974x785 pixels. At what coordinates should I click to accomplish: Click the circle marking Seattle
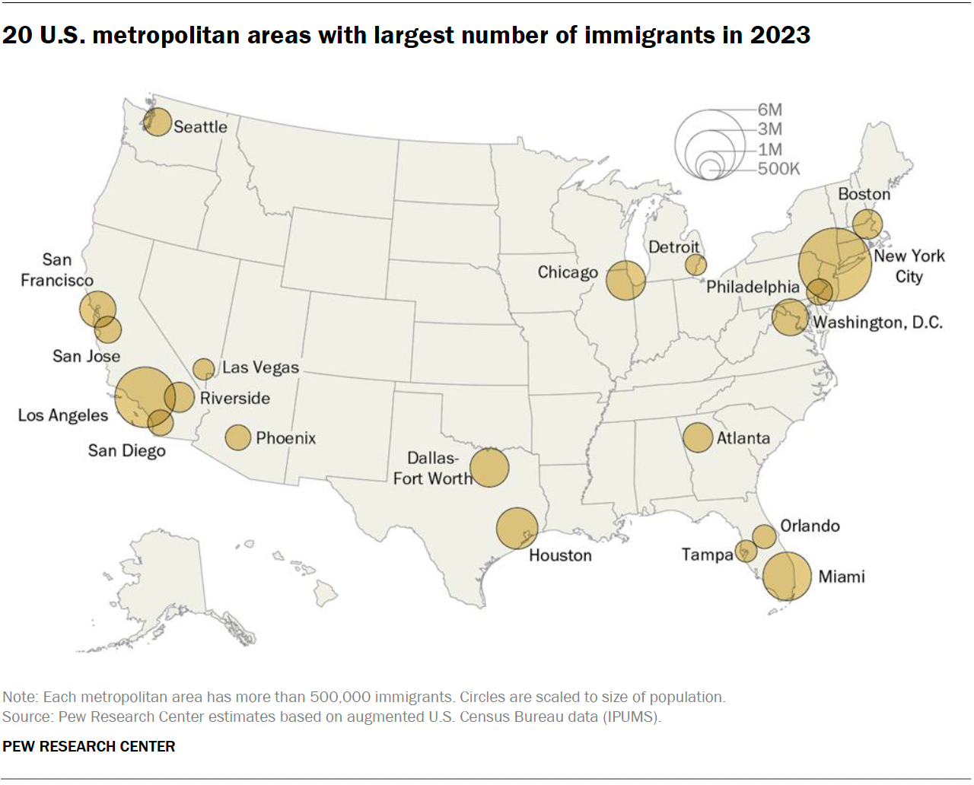pos(158,122)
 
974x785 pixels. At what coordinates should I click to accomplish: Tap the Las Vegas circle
pos(203,370)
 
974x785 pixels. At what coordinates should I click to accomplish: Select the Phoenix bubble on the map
pos(238,437)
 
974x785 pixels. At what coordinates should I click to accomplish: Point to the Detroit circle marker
pos(695,265)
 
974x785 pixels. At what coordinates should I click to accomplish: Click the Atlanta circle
pos(698,437)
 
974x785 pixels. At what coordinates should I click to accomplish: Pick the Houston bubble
pos(517,528)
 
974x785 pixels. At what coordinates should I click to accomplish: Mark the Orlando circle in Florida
pos(764,536)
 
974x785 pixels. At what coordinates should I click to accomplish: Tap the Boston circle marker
pos(867,224)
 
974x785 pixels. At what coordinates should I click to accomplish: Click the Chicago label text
pos(568,272)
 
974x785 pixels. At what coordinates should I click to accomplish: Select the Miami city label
pos(842,577)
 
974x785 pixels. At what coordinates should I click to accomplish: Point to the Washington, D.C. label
pos(877,323)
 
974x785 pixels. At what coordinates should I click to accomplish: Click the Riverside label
pos(235,399)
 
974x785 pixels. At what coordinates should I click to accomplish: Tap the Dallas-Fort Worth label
pos(433,469)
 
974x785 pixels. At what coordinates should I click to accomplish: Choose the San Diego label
pos(126,450)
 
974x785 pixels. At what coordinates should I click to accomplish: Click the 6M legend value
pos(769,110)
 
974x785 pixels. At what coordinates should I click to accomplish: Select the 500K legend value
pos(778,169)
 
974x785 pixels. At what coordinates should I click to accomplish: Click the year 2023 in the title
pos(780,35)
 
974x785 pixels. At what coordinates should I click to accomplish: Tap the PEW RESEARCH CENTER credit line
pos(89,746)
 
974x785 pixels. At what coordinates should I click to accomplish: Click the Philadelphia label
pos(753,287)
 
